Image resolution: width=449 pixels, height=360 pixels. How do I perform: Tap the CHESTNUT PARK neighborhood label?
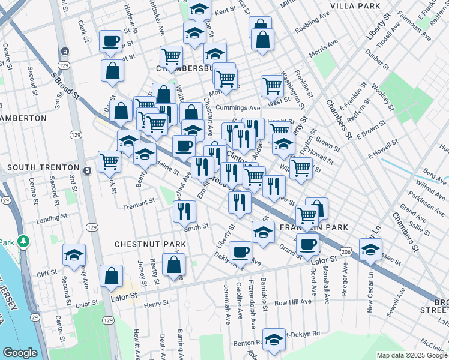[x=150, y=245]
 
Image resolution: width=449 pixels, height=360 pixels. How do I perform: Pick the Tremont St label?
[x=139, y=205]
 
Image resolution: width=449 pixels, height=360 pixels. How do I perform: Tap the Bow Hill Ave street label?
[x=293, y=302]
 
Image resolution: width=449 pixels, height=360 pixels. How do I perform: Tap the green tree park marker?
[x=24, y=241]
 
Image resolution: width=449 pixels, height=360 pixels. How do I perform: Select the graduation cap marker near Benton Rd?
[x=274, y=340]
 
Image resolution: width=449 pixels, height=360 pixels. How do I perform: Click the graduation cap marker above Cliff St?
[x=74, y=254]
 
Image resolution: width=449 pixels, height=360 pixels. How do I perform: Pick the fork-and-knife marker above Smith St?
[x=184, y=211]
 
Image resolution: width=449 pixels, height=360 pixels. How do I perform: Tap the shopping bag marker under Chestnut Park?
[x=173, y=265]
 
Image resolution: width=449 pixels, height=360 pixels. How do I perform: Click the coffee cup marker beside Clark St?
[x=110, y=41]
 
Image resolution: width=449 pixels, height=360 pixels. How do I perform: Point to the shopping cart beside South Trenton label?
[x=109, y=161]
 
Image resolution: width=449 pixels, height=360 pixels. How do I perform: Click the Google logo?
[x=20, y=353]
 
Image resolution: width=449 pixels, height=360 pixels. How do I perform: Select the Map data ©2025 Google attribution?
[x=412, y=355]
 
